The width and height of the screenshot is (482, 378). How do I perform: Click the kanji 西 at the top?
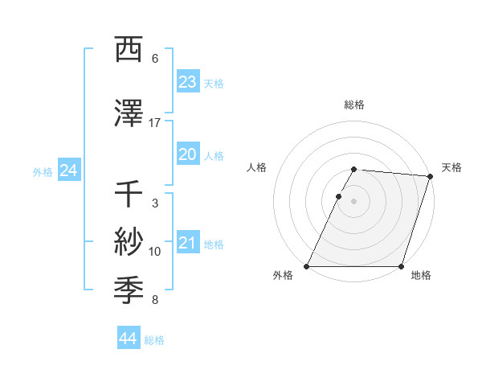[130, 49]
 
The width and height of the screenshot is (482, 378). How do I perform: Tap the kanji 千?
[130, 195]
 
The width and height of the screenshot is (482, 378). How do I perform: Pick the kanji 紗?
[130, 241]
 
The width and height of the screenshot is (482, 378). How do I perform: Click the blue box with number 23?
[188, 82]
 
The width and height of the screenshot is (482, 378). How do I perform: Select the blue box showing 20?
[188, 155]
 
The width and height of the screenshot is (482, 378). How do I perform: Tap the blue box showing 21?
[188, 244]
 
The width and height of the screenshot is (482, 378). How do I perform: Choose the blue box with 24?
[69, 171]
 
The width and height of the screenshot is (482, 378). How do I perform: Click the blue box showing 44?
[128, 339]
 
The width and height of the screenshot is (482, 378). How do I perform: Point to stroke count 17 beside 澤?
[155, 123]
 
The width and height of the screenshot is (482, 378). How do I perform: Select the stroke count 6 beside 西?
[155, 59]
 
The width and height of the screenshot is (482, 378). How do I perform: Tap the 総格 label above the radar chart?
[354, 105]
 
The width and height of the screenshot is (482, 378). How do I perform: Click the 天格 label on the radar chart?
[451, 167]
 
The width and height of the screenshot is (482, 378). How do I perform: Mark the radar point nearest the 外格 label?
[307, 266]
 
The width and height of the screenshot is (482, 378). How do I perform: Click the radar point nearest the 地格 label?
[402, 266]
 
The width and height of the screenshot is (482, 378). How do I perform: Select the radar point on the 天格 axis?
[431, 176]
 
